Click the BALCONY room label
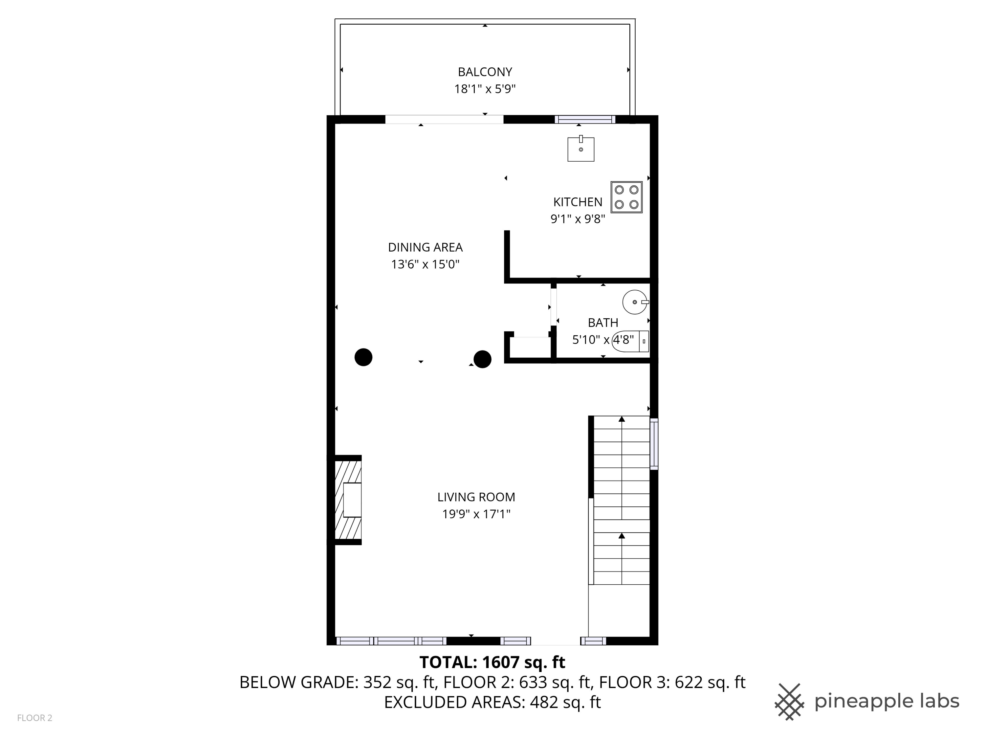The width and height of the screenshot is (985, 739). tap(485, 72)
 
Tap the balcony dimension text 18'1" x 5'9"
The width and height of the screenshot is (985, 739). tap(485, 89)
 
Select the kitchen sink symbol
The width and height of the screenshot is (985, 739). tap(581, 149)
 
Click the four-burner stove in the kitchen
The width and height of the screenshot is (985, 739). tap(626, 197)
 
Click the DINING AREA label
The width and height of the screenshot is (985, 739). tap(425, 247)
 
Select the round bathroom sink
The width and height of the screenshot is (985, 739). tap(635, 302)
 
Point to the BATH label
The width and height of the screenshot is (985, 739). tap(602, 323)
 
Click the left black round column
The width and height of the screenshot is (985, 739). tap(363, 357)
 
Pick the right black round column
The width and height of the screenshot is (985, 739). tap(482, 359)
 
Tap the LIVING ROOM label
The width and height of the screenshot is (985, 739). tap(476, 497)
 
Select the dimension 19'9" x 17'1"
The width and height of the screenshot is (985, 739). tap(476, 514)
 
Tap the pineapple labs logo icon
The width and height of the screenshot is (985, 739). tap(789, 702)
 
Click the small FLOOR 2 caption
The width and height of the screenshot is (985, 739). tap(35, 718)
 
